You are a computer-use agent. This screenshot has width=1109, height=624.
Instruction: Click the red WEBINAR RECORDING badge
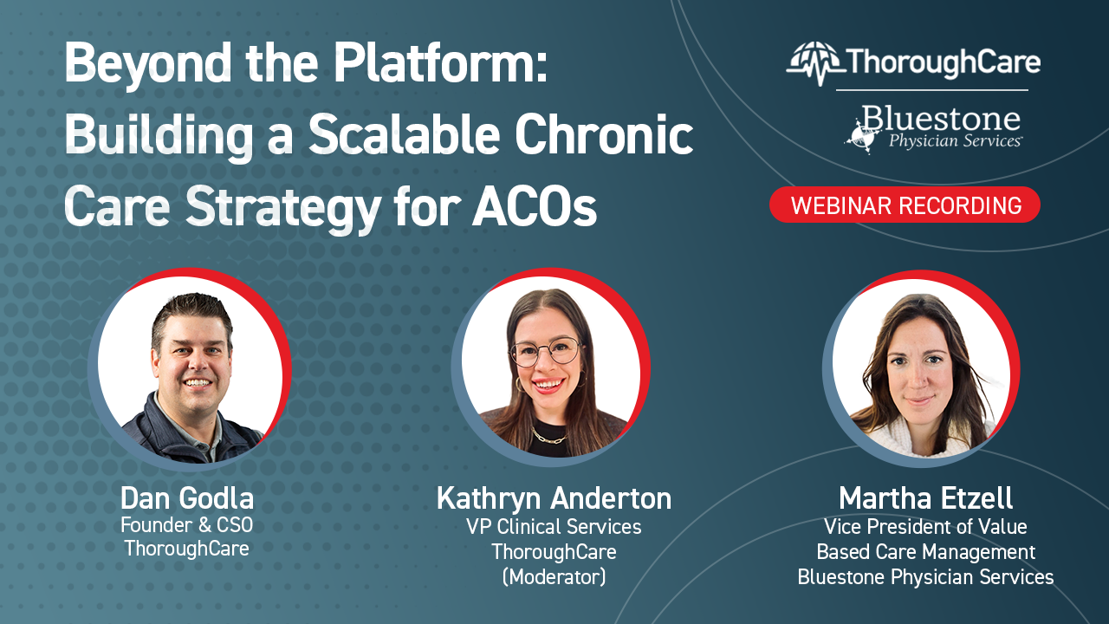[905, 205]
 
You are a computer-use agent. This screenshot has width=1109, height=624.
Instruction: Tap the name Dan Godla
[187, 498]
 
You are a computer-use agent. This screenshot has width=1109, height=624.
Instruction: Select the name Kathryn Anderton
[554, 498]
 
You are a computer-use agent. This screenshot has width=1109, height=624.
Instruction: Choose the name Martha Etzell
[925, 498]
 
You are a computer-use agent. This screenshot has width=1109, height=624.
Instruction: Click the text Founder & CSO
[187, 524]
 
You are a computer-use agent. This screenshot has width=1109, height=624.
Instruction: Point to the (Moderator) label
[554, 576]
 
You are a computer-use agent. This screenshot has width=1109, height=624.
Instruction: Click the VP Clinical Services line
[554, 526]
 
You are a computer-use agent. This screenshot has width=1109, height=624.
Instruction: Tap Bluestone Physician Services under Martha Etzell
[925, 577]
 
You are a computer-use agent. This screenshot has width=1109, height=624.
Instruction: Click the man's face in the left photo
[192, 360]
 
